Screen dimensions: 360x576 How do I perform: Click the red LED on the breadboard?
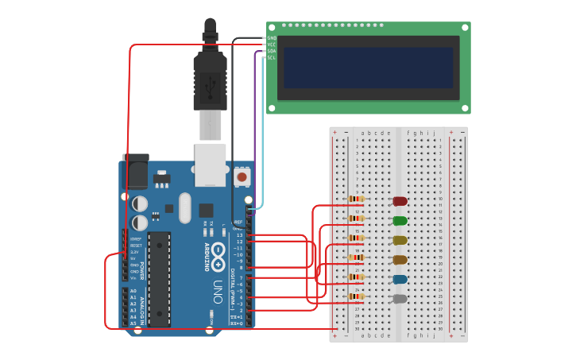(400, 202)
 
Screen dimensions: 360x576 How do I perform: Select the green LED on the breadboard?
(400, 221)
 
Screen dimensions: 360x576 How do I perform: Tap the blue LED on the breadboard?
(400, 280)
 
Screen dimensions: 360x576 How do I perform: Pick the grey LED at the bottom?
(400, 300)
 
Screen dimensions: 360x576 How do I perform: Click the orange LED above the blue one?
(400, 260)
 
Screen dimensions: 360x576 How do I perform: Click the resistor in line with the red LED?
(356, 199)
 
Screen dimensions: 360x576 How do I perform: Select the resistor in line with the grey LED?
(356, 296)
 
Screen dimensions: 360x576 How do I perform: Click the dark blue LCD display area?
(368, 68)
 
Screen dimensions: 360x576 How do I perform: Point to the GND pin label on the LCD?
(271, 38)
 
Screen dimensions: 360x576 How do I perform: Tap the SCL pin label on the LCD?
(271, 57)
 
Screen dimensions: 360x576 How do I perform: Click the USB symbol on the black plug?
(211, 82)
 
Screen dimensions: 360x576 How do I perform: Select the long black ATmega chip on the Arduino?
(159, 279)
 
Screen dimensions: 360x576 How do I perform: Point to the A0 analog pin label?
(133, 292)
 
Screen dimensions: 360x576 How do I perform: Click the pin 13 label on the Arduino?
(239, 235)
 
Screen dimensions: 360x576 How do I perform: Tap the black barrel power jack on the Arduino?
(135, 172)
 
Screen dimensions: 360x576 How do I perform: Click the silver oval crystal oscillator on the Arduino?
(185, 208)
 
